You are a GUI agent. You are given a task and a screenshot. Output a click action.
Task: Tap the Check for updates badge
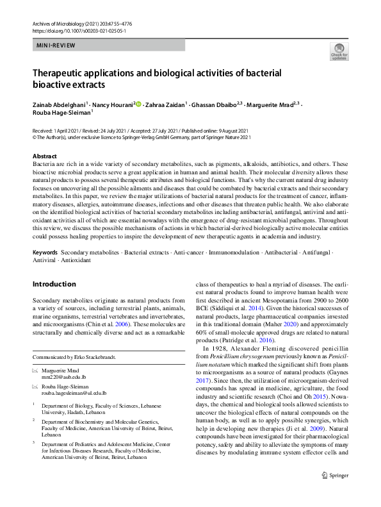pyautogui.click(x=339, y=51)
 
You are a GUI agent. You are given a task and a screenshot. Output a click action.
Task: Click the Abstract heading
pyautogui.click(x=45, y=156)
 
